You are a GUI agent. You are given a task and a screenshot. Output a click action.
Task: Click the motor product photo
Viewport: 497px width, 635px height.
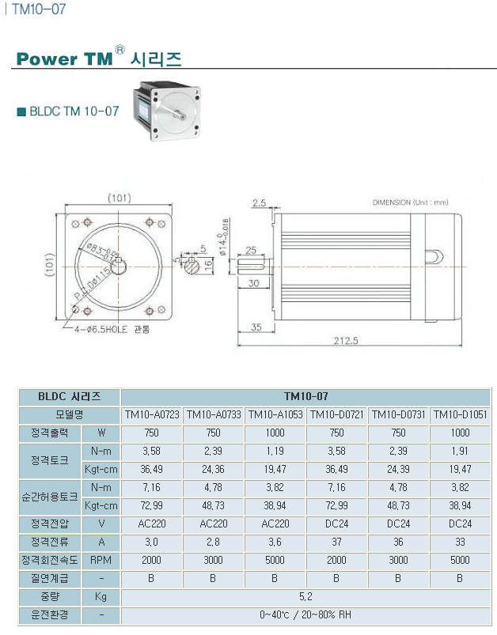pyautogui.click(x=167, y=113)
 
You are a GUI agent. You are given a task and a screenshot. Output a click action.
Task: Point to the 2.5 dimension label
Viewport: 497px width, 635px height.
pyautogui.click(x=259, y=203)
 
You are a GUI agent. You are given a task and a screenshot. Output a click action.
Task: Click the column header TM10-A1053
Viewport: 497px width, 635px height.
pyautogui.click(x=275, y=414)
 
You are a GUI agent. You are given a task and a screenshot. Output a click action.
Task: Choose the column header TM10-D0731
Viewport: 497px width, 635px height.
pyautogui.click(x=398, y=414)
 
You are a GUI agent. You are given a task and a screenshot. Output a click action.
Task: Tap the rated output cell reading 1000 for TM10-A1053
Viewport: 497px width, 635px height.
pyautogui.click(x=275, y=433)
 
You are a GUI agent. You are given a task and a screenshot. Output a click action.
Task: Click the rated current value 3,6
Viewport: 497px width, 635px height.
pyautogui.click(x=275, y=542)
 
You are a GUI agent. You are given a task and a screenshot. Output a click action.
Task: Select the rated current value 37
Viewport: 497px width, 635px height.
pyautogui.click(x=336, y=542)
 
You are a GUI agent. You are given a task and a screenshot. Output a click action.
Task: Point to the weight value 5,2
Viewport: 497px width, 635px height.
pyautogui.click(x=305, y=597)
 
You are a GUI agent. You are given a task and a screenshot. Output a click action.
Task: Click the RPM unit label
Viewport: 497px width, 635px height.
pyautogui.click(x=101, y=561)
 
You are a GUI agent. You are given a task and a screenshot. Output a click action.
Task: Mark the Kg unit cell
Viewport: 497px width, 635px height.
pyautogui.click(x=101, y=597)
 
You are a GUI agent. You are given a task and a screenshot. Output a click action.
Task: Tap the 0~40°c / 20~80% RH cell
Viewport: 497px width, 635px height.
pyautogui.click(x=305, y=615)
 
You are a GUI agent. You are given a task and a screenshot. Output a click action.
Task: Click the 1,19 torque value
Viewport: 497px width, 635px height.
pyautogui.click(x=275, y=451)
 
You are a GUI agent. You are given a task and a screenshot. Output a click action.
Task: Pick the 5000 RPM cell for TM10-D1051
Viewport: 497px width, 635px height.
pyautogui.click(x=460, y=561)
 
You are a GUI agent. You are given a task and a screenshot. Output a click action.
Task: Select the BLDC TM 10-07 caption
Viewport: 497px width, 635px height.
pyautogui.click(x=74, y=111)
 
